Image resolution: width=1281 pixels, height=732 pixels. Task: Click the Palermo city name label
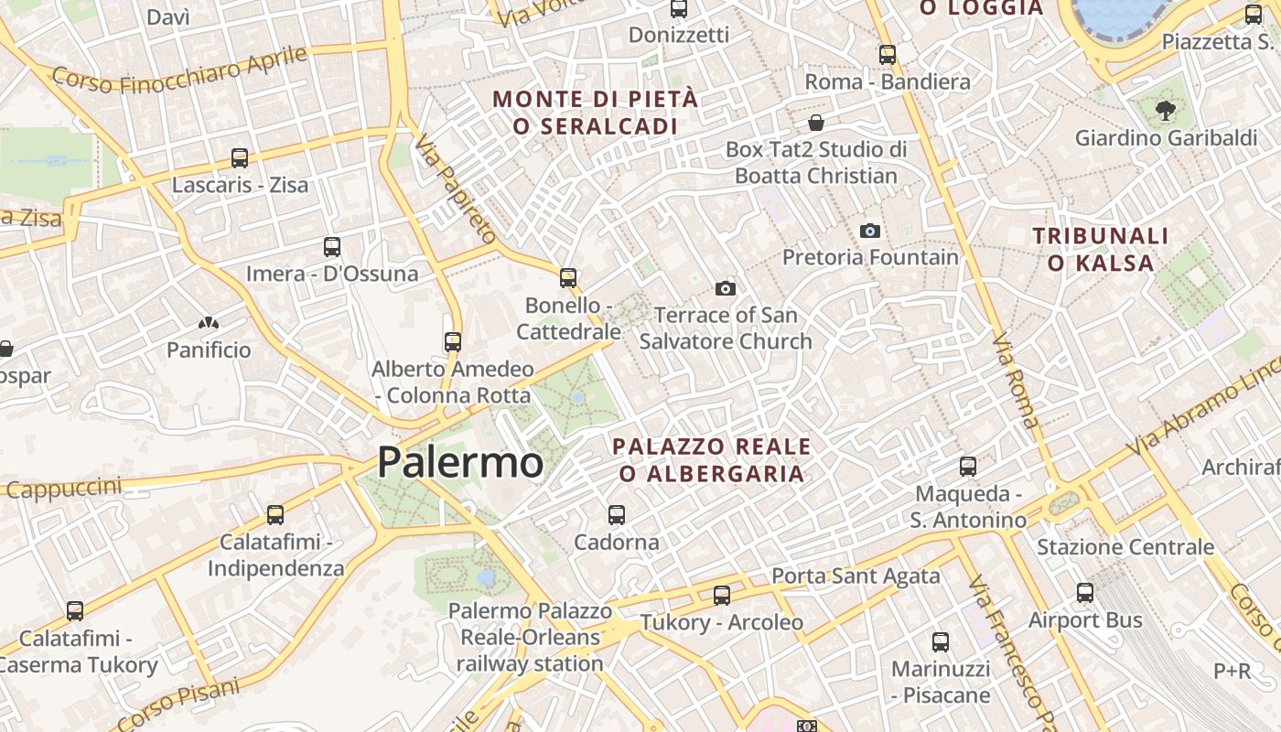(460, 462)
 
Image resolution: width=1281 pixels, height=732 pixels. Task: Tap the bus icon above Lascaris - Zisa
(240, 158)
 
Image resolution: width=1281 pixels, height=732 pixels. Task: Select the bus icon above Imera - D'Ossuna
(332, 247)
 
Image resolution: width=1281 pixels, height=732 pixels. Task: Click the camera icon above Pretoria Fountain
(870, 231)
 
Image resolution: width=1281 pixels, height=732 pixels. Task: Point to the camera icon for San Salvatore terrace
(726, 289)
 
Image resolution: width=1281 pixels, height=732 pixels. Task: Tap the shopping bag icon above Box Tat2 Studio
(816, 123)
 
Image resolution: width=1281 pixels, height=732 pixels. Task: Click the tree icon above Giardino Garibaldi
(1166, 112)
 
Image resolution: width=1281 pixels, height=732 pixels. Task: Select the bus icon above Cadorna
(617, 515)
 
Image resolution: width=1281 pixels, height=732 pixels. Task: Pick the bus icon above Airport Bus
(1085, 593)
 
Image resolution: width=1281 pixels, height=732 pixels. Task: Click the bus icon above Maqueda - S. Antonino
(968, 467)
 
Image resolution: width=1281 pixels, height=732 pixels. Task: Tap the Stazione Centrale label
(1125, 547)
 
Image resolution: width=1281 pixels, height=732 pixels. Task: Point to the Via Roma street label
(1016, 381)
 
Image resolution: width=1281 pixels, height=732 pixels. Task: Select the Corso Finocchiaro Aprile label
(179, 70)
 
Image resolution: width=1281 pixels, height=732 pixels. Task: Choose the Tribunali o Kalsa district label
(1101, 250)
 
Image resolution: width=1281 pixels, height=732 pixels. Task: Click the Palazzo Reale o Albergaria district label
(712, 460)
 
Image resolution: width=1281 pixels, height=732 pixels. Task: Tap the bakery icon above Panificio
(209, 323)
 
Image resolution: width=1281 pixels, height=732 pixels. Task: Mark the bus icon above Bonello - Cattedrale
(568, 278)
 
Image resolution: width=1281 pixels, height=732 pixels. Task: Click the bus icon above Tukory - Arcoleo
(722, 596)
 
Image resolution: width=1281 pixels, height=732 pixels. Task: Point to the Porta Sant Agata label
(856, 576)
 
